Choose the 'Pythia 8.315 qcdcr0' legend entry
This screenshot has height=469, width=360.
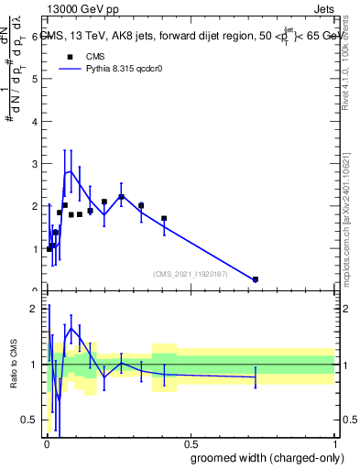coord(108,69)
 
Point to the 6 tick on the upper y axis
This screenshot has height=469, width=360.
coord(35,37)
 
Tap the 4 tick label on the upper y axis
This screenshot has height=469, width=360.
coord(35,121)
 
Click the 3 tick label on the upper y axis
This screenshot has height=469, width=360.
coord(35,164)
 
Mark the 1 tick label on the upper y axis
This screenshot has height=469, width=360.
coord(35,249)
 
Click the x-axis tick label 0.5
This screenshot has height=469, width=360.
coord(190,442)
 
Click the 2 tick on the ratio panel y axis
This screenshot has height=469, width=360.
coord(35,309)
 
